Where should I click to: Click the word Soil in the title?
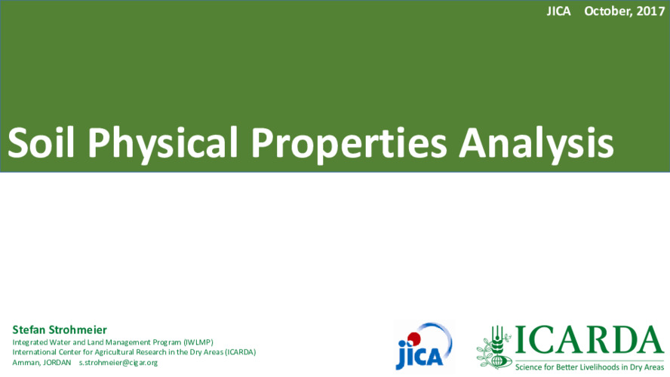pos(41,143)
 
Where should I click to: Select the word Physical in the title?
pos(162,145)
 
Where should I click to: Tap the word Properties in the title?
pos(349,145)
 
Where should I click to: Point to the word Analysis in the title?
pos(536,145)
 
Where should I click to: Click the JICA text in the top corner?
pos(558,11)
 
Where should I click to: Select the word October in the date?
pos(608,11)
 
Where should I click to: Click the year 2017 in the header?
pos(651,11)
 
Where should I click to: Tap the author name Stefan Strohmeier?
pos(60,329)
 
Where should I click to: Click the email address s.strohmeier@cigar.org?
pos(118,363)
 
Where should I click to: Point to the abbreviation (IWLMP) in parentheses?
pos(198,342)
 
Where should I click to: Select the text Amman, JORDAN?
pos(41,363)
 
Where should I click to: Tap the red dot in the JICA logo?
pos(413,339)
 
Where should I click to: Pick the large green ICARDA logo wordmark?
pos(589,340)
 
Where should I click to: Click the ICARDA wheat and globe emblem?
pos(494,347)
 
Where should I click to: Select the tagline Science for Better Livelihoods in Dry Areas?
pos(590,366)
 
